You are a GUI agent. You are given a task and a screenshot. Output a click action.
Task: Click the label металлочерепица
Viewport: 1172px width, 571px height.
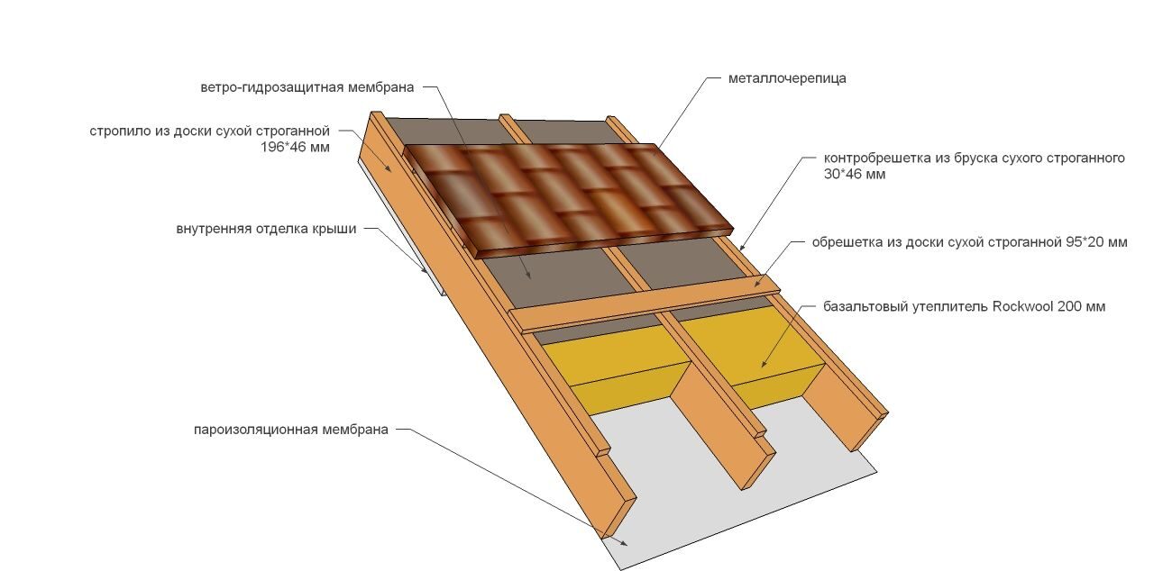(x=787, y=78)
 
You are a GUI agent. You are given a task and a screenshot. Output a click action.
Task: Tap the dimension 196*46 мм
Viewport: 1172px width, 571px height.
(x=295, y=147)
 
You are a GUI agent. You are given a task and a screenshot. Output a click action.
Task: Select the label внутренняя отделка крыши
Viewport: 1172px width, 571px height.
(x=266, y=229)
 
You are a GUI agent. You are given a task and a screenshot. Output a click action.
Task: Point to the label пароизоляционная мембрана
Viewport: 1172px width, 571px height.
(x=291, y=430)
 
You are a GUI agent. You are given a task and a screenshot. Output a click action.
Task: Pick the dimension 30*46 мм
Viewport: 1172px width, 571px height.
(x=855, y=174)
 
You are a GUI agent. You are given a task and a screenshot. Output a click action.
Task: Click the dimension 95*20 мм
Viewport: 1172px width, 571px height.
(x=1096, y=242)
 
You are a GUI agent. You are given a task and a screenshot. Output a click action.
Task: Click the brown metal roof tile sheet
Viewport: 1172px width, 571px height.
(x=568, y=199)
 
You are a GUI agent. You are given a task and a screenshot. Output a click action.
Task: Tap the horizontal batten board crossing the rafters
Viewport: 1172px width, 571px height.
(x=645, y=304)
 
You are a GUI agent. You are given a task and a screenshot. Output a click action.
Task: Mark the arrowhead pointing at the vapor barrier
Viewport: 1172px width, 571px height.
(x=624, y=543)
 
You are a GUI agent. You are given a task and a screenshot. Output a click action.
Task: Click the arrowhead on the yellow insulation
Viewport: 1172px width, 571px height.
(x=764, y=364)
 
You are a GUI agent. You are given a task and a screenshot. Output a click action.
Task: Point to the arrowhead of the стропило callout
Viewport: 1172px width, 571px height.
(x=388, y=168)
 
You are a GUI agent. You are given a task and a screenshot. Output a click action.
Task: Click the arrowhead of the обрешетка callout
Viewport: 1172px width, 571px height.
(x=756, y=284)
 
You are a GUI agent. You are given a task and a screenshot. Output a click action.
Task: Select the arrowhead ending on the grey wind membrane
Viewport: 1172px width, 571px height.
(x=528, y=276)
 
